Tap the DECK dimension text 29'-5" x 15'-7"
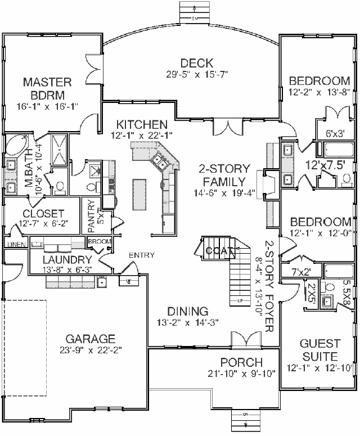pyautogui.click(x=196, y=74)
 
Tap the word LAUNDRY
pyautogui.click(x=67, y=259)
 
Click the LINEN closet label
pyautogui.click(x=13, y=244)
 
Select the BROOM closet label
pyautogui.click(x=99, y=242)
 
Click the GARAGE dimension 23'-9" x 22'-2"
pyautogui.click(x=91, y=350)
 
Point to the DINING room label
pyautogui.click(x=188, y=311)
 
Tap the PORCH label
pyautogui.click(x=241, y=362)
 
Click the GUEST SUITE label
pyautogui.click(x=319, y=350)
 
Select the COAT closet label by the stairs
pyautogui.click(x=216, y=251)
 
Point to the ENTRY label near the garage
pyautogui.click(x=141, y=255)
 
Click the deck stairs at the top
pyautogui.click(x=193, y=10)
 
